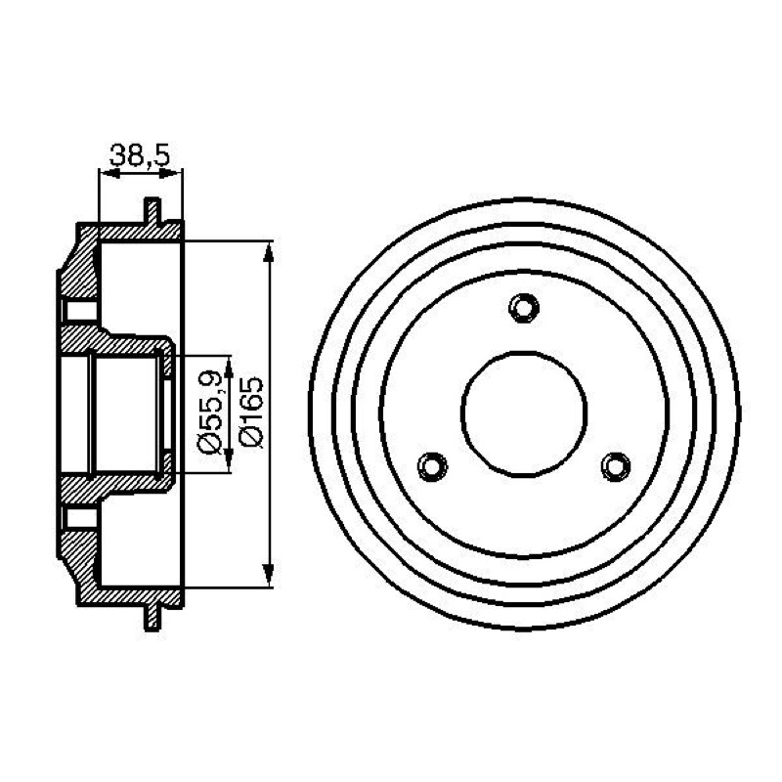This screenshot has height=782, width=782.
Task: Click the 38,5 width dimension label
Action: click(140, 155)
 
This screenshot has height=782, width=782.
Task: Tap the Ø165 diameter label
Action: click(251, 412)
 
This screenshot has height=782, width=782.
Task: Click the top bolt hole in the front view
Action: click(524, 308)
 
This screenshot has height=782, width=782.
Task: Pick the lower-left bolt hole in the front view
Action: click(432, 466)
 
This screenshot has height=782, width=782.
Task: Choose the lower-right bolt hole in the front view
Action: click(616, 466)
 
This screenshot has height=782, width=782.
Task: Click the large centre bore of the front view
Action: click(524, 413)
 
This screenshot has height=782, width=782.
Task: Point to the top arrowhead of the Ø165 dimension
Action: click(268, 253)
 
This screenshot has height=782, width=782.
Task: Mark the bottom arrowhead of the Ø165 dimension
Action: click(268, 575)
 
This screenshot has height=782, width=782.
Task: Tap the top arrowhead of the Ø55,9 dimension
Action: click(229, 368)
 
